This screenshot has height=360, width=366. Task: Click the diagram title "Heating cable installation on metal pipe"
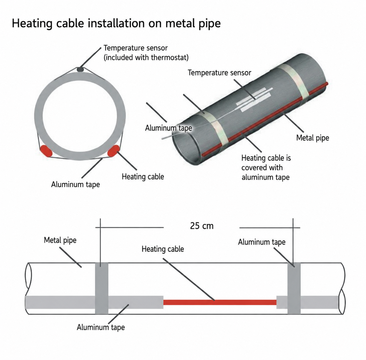tap(116, 23)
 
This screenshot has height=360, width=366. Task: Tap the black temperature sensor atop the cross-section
tap(80, 70)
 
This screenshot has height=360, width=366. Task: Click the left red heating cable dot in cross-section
tap(46, 151)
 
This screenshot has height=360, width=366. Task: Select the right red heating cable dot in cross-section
tap(113, 151)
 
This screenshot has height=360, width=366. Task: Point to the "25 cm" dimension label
tap(202, 226)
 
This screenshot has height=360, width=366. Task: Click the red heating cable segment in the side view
tap(220, 302)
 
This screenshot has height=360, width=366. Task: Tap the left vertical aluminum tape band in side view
tap(102, 288)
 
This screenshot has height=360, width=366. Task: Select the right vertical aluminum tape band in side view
tap(294, 288)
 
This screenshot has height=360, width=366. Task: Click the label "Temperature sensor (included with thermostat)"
tap(146, 53)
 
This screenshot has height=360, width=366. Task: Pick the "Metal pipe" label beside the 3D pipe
tap(313, 138)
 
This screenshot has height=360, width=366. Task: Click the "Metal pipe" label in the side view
tap(60, 240)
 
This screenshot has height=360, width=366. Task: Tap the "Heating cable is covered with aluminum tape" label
tap(266, 167)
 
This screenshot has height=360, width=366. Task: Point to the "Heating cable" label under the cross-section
tap(143, 177)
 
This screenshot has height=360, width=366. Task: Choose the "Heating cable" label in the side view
tap(163, 249)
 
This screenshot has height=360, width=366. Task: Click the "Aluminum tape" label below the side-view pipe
tap(101, 327)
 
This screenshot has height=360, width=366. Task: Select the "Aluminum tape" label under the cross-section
tap(76, 184)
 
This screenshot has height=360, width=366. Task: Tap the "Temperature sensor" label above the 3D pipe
tap(219, 73)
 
